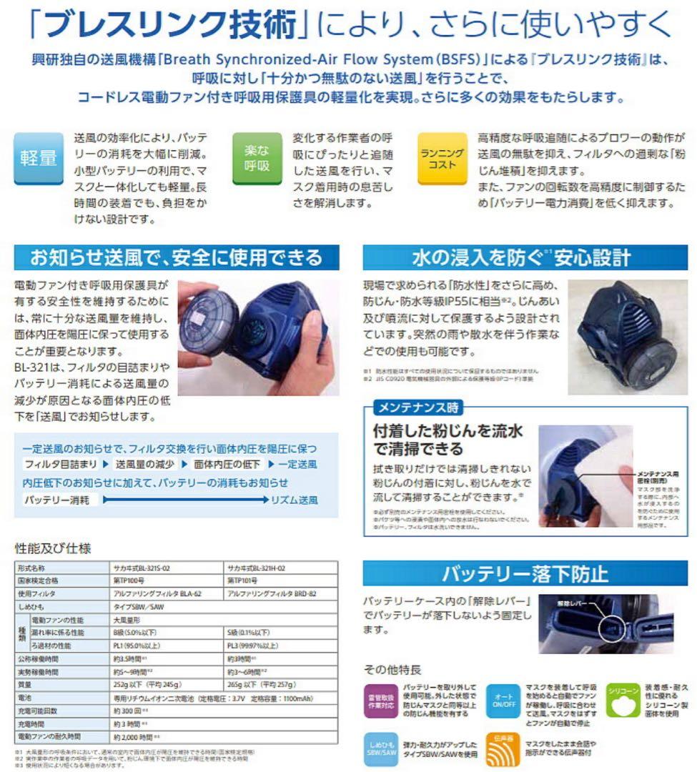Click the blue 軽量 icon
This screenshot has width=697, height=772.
[x=39, y=158]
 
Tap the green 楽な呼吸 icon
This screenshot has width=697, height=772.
[x=257, y=158]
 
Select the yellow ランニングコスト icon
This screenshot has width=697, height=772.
[x=442, y=158]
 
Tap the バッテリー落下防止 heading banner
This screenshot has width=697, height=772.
[x=525, y=573]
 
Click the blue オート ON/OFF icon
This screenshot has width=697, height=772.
[x=503, y=700]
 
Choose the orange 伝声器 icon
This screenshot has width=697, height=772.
[x=503, y=748]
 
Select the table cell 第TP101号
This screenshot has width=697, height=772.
[x=243, y=580]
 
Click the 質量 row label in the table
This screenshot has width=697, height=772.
[x=29, y=685]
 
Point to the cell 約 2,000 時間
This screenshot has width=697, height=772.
[x=136, y=736]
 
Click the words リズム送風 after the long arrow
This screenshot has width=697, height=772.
[x=294, y=500]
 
